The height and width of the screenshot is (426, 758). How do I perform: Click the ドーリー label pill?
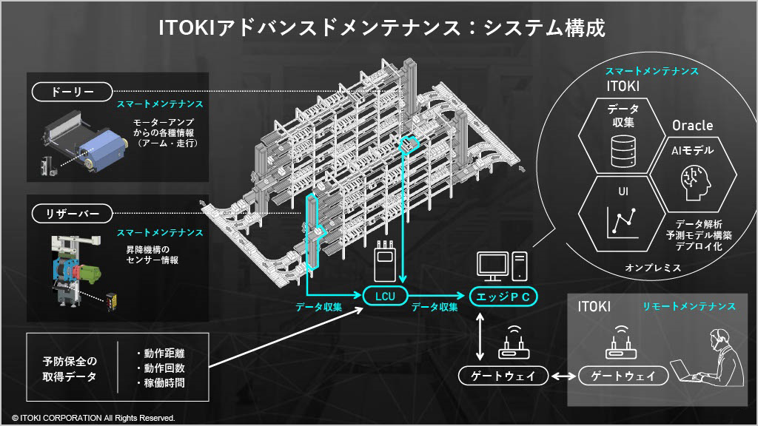pyautogui.click(x=72, y=92)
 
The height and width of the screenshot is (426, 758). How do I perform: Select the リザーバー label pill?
pyautogui.click(x=72, y=214)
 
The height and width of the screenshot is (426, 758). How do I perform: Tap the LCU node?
pyautogui.click(x=385, y=297)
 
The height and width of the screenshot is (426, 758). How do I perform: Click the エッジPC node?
pyautogui.click(x=503, y=297)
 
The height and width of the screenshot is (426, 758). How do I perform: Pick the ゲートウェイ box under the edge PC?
pyautogui.click(x=503, y=376)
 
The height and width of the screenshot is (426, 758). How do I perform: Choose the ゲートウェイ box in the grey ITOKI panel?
pyautogui.click(x=623, y=376)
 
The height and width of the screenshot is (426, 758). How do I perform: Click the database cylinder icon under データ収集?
pyautogui.click(x=623, y=151)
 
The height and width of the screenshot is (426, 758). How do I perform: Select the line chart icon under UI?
pyautogui.click(x=623, y=223)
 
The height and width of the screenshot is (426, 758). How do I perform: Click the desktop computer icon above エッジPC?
pyautogui.click(x=502, y=266)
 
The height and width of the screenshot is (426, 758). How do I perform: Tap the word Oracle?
pyautogui.click(x=692, y=126)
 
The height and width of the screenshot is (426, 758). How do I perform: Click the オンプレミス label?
pyautogui.click(x=653, y=268)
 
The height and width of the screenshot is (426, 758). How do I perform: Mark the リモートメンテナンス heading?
pyautogui.click(x=689, y=306)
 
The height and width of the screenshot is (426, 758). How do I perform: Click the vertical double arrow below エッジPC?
pyautogui.click(x=480, y=337)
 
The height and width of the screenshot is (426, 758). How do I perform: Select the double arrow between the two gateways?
pyautogui.click(x=563, y=376)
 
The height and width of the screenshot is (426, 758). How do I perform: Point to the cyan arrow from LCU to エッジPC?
pyautogui.click(x=437, y=296)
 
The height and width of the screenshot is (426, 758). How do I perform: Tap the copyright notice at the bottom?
pyautogui.click(x=93, y=419)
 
